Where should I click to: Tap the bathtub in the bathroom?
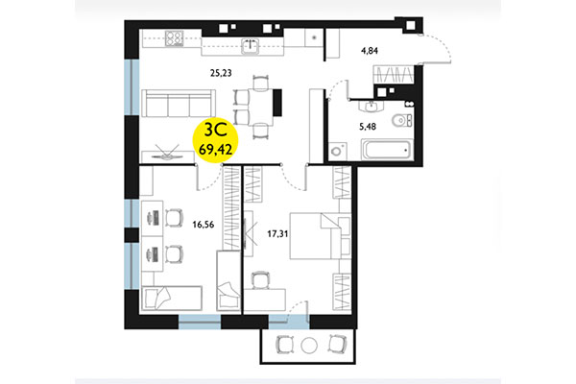pos(384,149)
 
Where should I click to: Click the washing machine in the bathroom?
pos(337,152)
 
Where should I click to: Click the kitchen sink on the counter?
pos(252,42)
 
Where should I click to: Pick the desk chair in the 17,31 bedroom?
pos(260,279)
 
